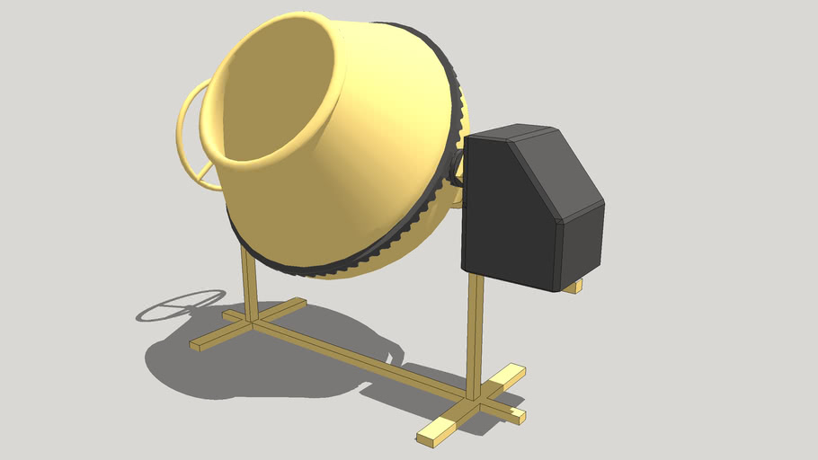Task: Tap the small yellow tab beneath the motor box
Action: point(573,287)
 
